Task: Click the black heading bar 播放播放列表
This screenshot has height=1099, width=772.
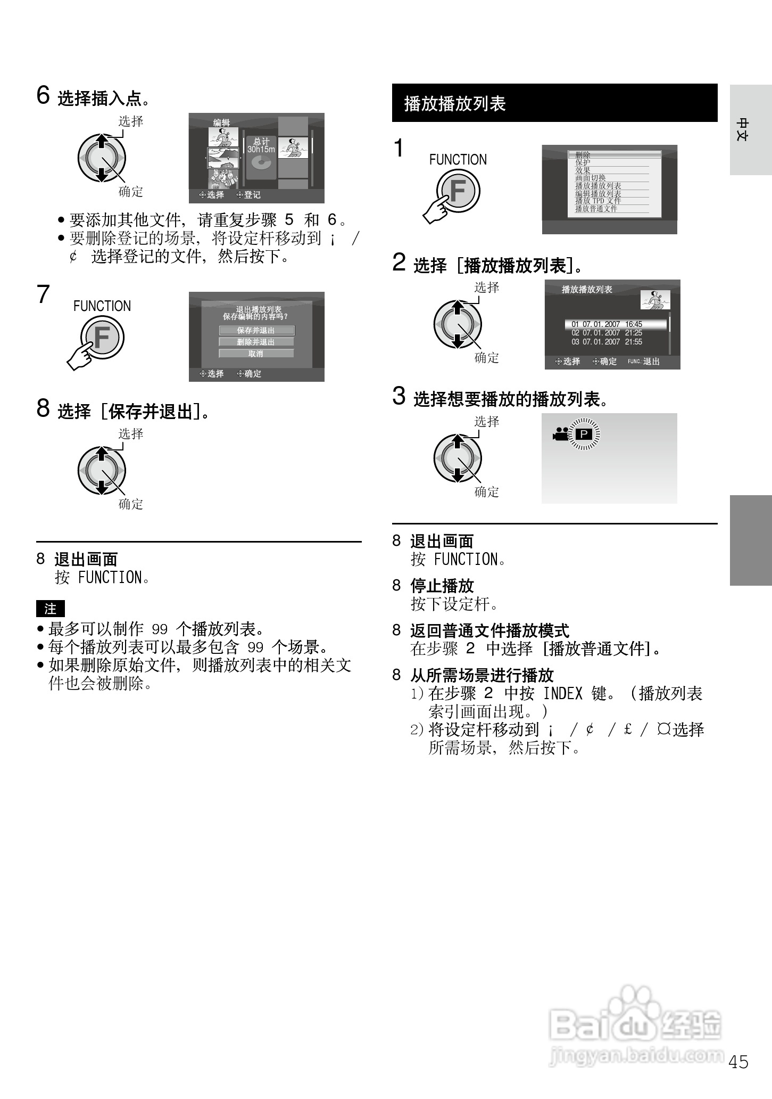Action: click(554, 103)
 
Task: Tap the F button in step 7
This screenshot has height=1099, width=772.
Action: click(102, 338)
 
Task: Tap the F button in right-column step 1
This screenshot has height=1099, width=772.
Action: click(458, 191)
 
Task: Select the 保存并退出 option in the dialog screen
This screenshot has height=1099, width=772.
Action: click(256, 331)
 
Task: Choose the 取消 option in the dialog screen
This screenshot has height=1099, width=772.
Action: click(256, 354)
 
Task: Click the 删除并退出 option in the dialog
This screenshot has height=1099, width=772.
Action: click(256, 342)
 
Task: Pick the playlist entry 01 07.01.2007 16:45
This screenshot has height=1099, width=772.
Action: click(615, 324)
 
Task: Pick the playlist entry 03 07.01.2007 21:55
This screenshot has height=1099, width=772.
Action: click(607, 342)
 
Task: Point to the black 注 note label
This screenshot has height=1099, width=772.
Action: click(51, 609)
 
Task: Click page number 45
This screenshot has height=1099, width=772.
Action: click(738, 1062)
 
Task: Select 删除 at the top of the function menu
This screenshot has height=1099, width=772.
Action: click(615, 155)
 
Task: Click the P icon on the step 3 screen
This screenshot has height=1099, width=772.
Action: click(584, 434)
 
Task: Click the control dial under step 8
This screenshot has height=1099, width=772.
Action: click(101, 471)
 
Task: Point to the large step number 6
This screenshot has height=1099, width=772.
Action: click(43, 96)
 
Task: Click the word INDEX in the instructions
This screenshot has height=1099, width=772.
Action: click(562, 693)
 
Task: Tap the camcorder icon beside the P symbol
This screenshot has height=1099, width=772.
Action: click(560, 434)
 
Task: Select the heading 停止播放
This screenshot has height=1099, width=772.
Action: click(442, 586)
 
